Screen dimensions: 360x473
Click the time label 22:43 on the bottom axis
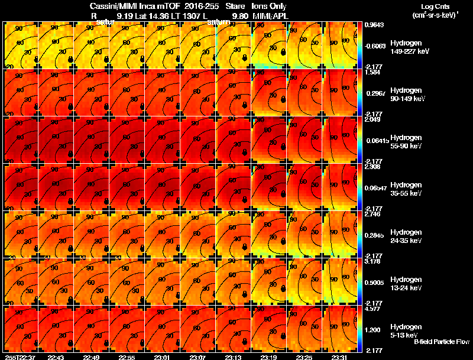coord(57,356)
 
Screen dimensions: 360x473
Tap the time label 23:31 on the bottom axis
coord(340,356)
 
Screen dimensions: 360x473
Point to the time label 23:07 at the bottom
coord(199,356)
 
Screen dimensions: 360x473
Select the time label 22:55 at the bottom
coord(128,356)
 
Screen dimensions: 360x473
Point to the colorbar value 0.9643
coord(374,25)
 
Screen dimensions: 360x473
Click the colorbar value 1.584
coord(372,72)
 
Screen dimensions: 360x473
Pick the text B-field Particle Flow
coord(441,342)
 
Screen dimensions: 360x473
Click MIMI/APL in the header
coord(270,16)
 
